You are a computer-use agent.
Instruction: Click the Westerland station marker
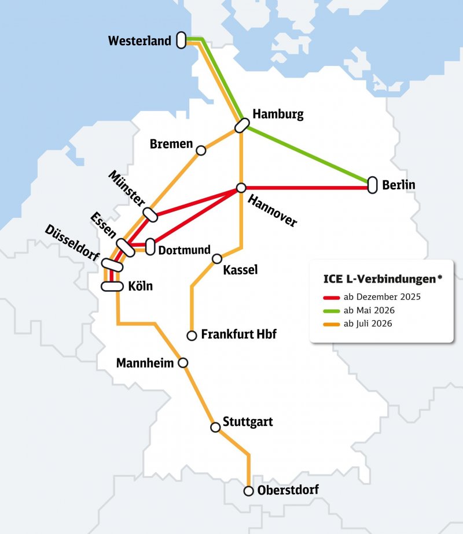pos(181,40)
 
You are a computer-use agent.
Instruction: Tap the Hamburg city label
pos(278,114)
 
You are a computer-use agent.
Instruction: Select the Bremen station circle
pos(201,150)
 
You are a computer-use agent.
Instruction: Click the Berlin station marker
pos(372,185)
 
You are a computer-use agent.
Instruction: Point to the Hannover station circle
pos(241,188)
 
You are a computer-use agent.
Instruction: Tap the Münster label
pos(127,188)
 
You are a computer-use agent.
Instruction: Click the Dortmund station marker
pos(150,247)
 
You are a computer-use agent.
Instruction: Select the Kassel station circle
pos(217,258)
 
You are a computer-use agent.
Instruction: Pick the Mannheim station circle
pos(183,363)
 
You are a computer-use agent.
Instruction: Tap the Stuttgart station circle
pos(215,427)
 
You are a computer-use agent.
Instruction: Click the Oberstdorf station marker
pos(249,491)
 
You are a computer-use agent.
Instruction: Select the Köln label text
pos(141,286)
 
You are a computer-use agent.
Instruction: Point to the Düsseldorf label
pos(72,243)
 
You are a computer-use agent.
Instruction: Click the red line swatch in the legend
pos(331,298)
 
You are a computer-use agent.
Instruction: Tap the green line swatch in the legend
pos(331,311)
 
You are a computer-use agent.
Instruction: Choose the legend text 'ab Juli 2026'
pos(368,324)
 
